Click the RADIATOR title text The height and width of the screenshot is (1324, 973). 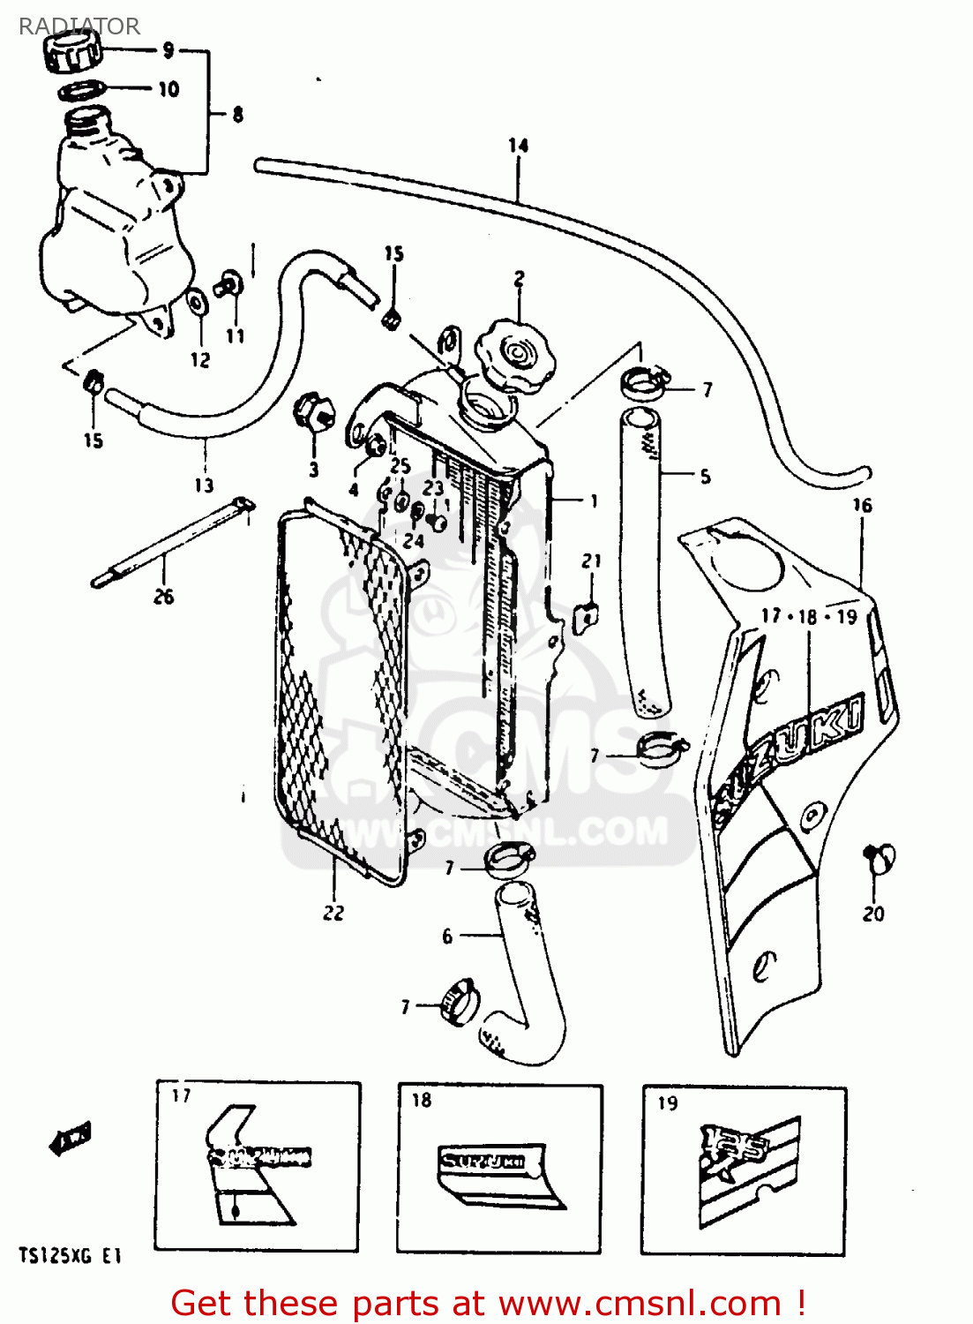[x=79, y=26]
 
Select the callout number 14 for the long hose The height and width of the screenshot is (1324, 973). [x=518, y=146]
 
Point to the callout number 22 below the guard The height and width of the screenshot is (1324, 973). [x=333, y=913]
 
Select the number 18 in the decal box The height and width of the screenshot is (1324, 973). [x=422, y=1100]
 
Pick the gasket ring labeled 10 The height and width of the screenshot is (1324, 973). [x=83, y=89]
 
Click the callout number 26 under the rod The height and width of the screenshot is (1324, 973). [x=163, y=597]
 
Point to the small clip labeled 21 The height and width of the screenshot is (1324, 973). [x=585, y=615]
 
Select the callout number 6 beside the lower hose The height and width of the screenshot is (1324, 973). [x=447, y=936]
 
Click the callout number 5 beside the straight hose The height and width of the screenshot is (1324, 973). [x=705, y=477]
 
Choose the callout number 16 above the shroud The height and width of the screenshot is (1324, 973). [x=862, y=505]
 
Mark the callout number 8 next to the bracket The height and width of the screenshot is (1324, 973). [x=237, y=115]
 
